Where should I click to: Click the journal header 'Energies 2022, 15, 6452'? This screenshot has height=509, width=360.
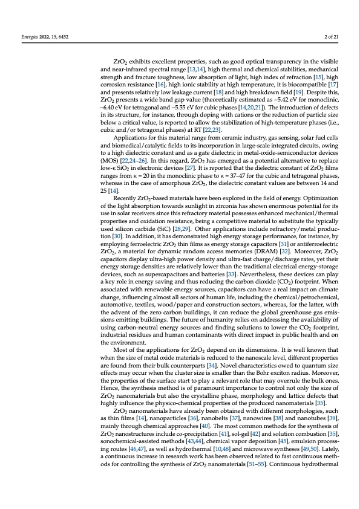[37, 37]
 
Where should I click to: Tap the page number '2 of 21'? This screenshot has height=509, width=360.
[332, 37]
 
